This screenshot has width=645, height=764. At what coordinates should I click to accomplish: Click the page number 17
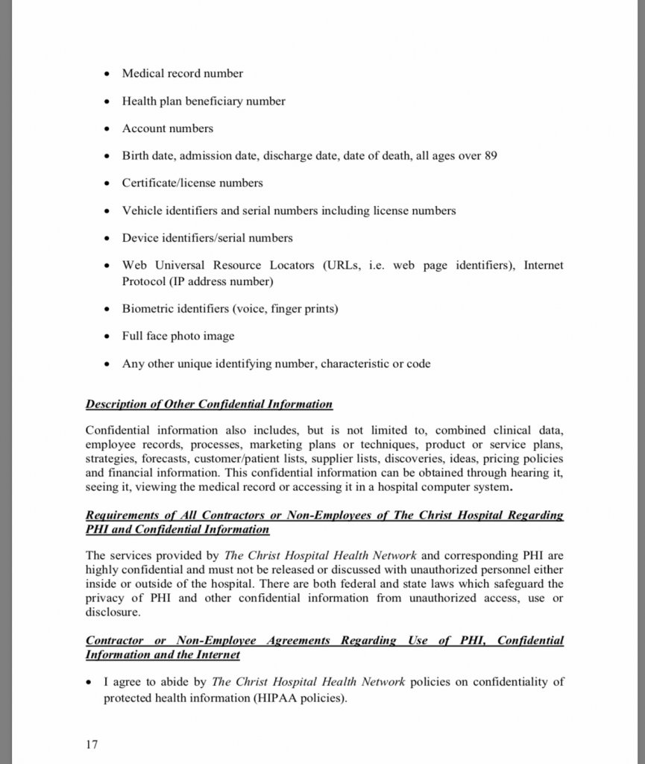coord(92,745)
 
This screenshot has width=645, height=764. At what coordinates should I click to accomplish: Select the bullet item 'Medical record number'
coord(183,73)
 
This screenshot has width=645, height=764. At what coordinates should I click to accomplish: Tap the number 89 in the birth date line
coord(491,156)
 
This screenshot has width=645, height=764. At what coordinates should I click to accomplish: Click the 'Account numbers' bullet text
coord(168,128)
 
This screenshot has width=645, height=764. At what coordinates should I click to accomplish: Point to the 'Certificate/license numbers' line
coord(192,183)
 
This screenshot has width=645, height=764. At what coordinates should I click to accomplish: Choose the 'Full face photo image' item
coord(178,336)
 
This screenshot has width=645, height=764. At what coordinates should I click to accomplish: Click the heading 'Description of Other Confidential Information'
coord(209,404)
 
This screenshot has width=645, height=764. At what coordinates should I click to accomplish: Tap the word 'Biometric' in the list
coord(145,309)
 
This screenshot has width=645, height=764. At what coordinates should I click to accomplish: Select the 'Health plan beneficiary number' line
coord(204,101)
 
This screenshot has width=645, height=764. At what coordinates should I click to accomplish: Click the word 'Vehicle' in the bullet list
coord(141,210)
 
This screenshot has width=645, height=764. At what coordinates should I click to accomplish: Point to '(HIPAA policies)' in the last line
coord(304,698)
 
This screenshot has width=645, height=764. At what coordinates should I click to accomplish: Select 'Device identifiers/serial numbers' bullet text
coord(207,238)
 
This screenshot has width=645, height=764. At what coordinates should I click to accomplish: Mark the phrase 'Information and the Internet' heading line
coord(163,655)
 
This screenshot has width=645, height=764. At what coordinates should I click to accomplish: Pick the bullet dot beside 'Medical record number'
coord(107,74)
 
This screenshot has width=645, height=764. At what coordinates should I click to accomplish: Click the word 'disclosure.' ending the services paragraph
coord(113,613)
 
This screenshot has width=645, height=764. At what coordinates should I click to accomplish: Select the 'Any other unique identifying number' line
coord(276,364)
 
